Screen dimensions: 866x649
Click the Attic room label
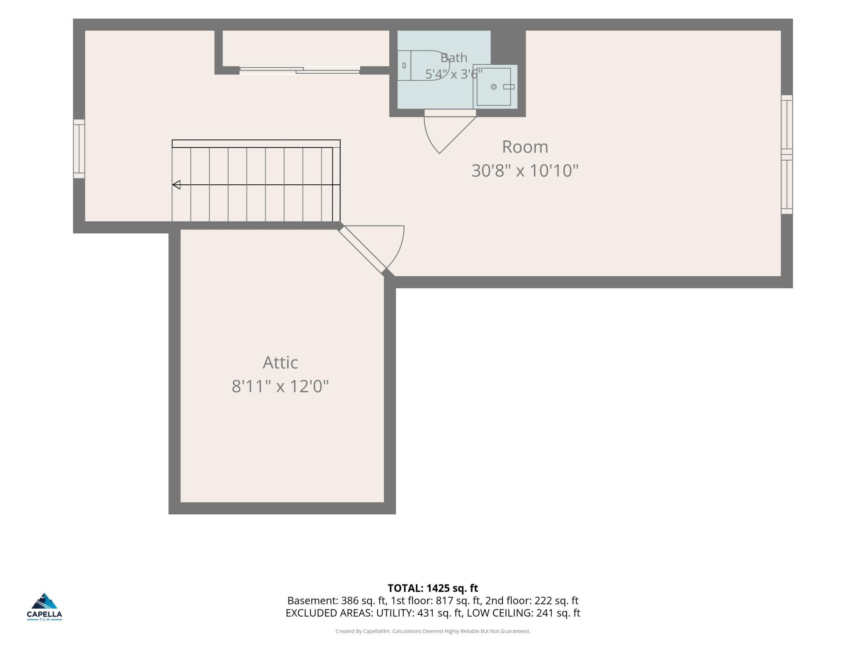tap(280, 363)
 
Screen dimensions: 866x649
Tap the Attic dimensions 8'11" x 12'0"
tap(280, 386)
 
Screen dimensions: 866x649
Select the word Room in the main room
tap(525, 147)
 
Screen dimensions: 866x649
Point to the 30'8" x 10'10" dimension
tap(525, 171)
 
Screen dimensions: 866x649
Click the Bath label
tap(454, 58)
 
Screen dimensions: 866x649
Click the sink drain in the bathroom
tap(494, 87)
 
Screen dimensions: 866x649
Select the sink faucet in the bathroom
tap(509, 87)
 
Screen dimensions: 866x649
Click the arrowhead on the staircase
tap(177, 185)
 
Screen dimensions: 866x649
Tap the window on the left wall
tap(79, 149)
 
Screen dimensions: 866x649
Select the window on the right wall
tap(787, 155)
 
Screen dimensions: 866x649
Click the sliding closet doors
tap(300, 71)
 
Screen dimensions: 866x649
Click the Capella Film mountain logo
tap(45, 601)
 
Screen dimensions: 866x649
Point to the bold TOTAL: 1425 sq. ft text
tap(433, 588)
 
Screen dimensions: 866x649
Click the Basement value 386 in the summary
tap(349, 601)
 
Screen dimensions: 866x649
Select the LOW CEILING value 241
tap(545, 613)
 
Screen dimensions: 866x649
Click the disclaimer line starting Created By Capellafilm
tap(433, 631)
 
